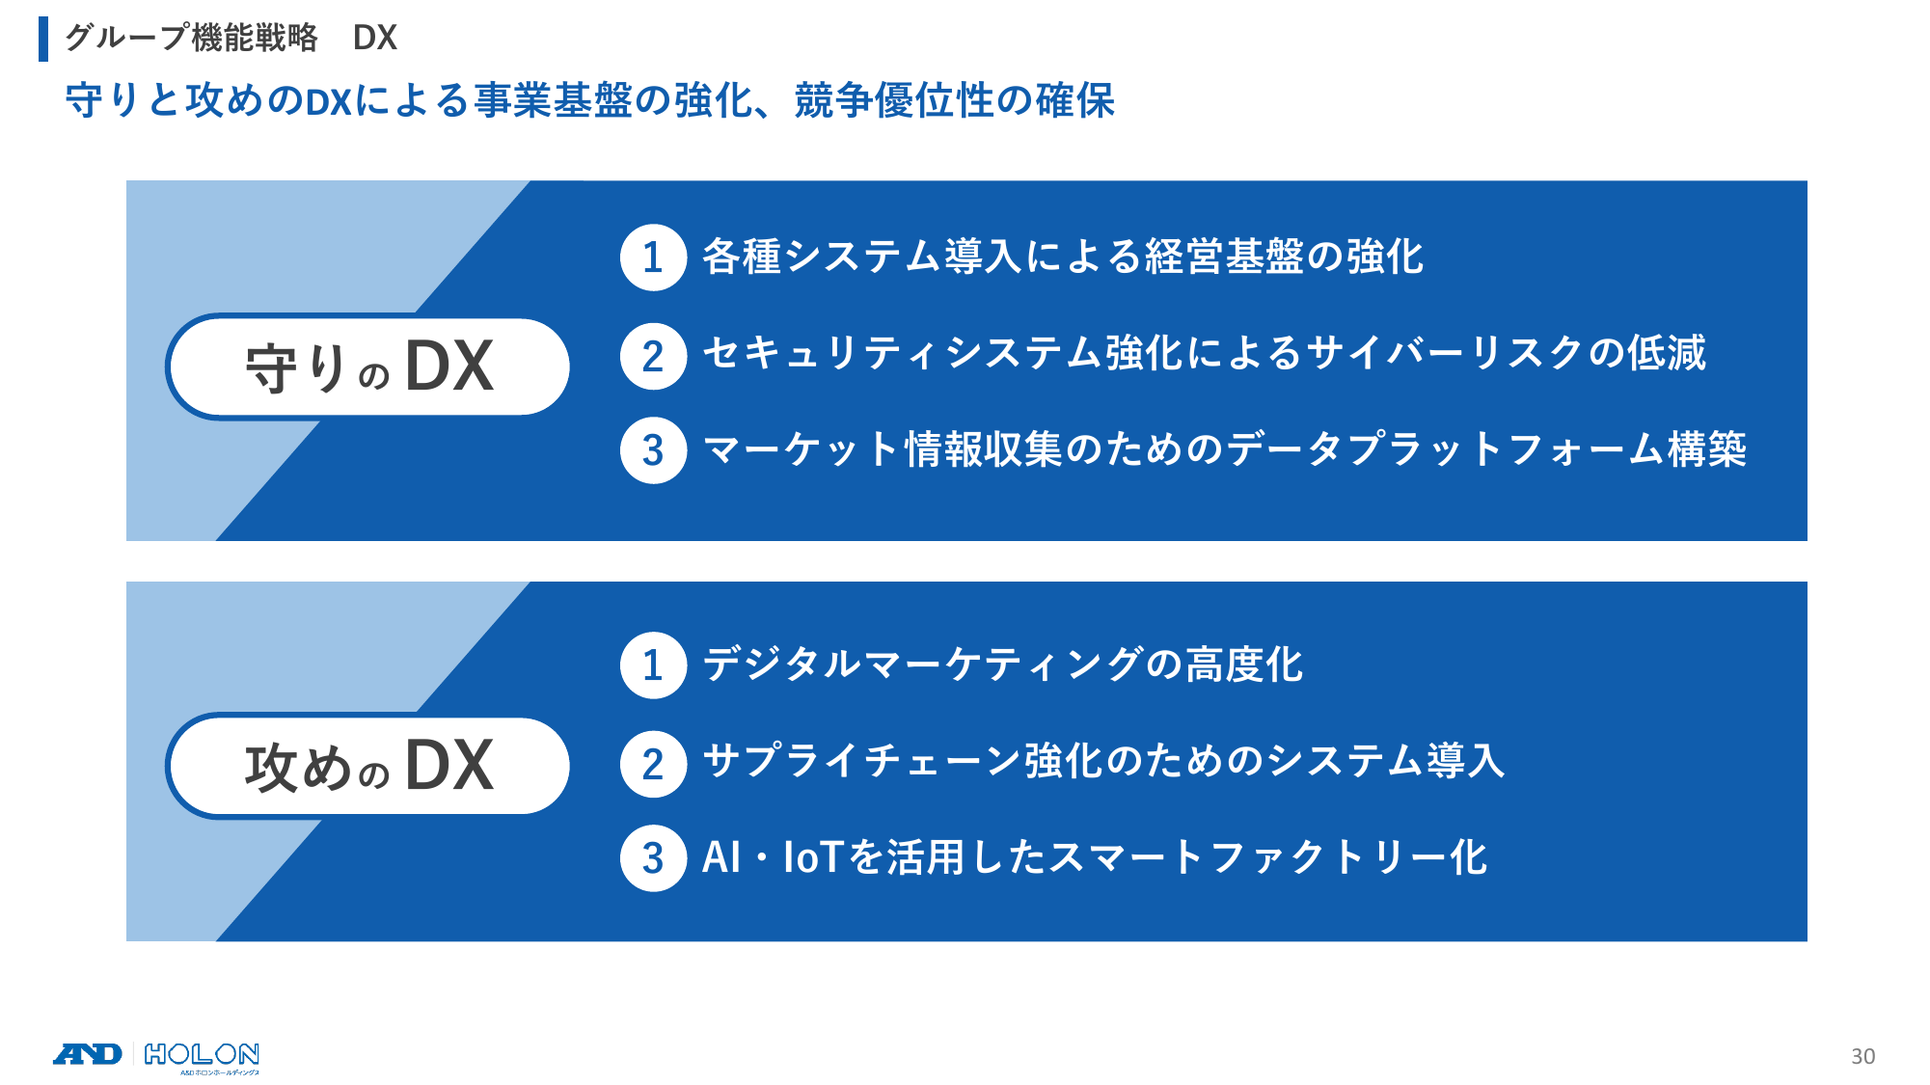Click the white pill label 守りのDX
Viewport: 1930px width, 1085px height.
(x=367, y=366)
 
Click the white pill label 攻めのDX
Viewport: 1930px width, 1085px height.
(x=367, y=766)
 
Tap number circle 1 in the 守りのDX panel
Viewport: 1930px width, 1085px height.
(x=653, y=258)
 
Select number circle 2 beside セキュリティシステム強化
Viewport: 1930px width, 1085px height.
(x=653, y=356)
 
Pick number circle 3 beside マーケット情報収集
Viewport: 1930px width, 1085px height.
(x=653, y=449)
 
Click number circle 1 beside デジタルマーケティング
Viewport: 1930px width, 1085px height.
(x=653, y=665)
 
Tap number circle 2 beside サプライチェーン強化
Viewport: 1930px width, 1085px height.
(x=653, y=764)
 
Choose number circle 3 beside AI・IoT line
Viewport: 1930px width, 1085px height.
(x=653, y=858)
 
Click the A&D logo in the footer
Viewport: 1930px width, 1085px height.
(x=88, y=1054)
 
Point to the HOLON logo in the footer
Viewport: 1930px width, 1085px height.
(x=202, y=1057)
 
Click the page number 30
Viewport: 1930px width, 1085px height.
(x=1862, y=1056)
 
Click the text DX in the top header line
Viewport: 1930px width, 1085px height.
(x=375, y=38)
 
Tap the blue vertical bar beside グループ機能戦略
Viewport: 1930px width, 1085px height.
(x=43, y=39)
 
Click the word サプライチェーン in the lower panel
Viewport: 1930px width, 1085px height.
(x=862, y=761)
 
